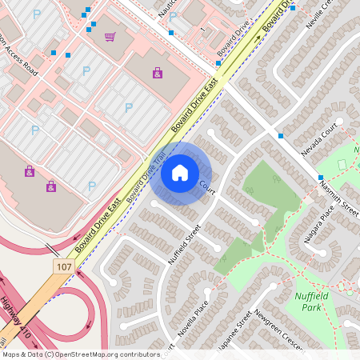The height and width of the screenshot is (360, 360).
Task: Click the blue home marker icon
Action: pyautogui.click(x=180, y=173)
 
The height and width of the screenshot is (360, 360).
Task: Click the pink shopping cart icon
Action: pyautogui.click(x=109, y=36)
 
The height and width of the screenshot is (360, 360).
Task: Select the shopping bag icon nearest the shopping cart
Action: pyautogui.click(x=157, y=73)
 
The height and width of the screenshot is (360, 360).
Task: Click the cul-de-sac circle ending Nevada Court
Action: pyautogui.click(x=339, y=122)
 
